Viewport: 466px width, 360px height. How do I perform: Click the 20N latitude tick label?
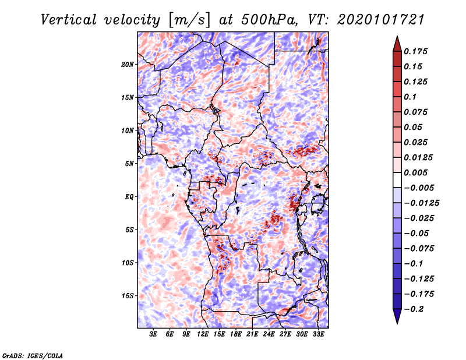128,65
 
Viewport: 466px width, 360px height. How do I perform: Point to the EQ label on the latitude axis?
129,197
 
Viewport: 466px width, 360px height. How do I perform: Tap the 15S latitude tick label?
128,296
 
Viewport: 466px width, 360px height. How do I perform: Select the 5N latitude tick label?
129,164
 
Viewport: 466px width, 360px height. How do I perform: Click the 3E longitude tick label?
153,334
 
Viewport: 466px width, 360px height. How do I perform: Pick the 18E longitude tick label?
236,334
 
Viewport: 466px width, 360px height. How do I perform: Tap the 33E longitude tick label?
318,334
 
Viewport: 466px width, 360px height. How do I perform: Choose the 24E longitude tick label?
269,334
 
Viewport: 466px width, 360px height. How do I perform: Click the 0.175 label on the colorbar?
415,51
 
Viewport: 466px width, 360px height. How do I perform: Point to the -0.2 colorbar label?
414,309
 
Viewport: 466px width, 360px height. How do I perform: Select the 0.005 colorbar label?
415,172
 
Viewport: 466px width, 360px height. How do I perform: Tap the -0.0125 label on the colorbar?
421,203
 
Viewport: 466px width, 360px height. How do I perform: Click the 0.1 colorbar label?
410,97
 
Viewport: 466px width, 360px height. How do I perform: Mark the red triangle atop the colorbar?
397,44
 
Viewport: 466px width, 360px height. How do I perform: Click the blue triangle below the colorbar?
397,316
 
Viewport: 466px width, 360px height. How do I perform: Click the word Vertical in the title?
69,20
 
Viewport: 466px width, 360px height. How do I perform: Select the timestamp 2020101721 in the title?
381,20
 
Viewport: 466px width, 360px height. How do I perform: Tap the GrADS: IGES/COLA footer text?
33,356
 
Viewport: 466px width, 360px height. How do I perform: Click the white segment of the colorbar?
397,180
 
